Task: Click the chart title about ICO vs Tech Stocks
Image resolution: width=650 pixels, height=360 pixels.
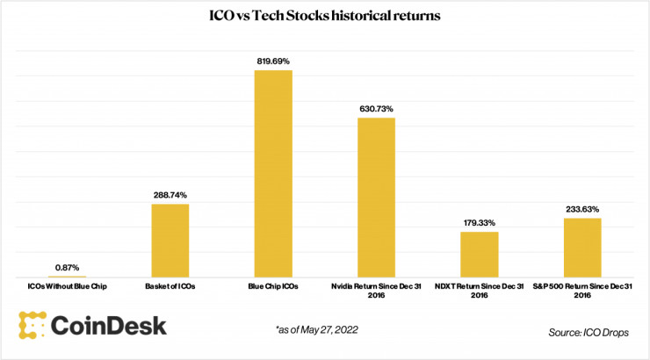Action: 325,18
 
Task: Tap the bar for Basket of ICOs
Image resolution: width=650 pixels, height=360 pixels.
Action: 170,241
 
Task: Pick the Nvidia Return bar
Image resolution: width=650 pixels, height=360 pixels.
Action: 376,198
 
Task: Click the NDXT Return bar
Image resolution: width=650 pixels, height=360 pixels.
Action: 480,255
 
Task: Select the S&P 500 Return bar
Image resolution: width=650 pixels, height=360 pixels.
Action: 582,248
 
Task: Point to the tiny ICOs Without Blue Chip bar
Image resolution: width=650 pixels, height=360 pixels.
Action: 68,277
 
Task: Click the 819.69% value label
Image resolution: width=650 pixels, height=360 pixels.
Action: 273,61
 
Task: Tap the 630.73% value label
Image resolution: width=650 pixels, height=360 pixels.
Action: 376,108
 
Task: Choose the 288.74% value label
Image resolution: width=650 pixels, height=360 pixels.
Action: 170,194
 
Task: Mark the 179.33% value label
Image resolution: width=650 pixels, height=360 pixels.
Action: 480,222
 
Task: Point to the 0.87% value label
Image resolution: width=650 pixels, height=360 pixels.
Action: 68,266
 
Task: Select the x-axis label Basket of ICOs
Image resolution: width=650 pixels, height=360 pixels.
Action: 170,286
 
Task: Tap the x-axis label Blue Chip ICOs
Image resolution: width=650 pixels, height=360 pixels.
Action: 273,286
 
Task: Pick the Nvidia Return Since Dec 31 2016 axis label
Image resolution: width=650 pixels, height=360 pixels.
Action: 376,291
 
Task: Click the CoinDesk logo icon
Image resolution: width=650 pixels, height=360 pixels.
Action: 32,325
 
